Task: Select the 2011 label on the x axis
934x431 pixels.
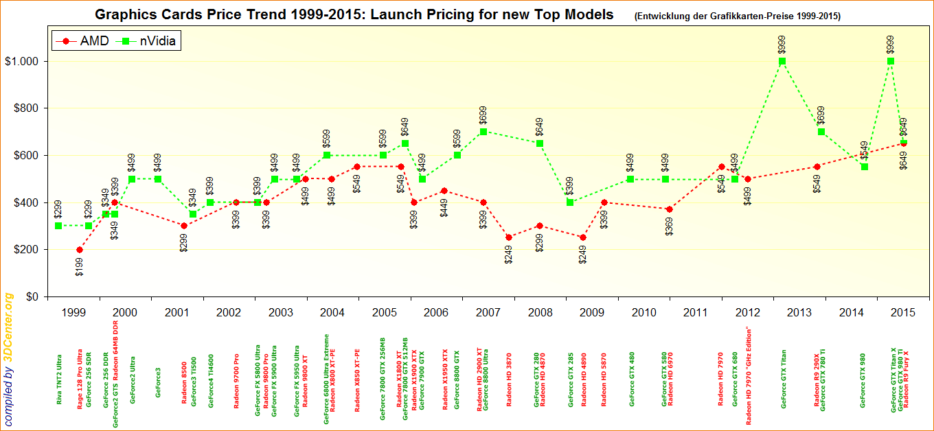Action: [696, 313]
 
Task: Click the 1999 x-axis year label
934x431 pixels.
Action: [73, 313]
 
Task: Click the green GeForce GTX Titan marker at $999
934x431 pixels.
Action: [782, 61]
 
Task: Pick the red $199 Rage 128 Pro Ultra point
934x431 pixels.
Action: [80, 250]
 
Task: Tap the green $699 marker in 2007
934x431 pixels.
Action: [483, 132]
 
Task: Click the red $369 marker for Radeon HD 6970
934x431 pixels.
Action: [670, 209]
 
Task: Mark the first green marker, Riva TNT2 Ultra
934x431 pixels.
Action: [58, 226]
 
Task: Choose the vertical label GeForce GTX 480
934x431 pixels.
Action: [632, 380]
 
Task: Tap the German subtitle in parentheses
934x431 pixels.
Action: [738, 16]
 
